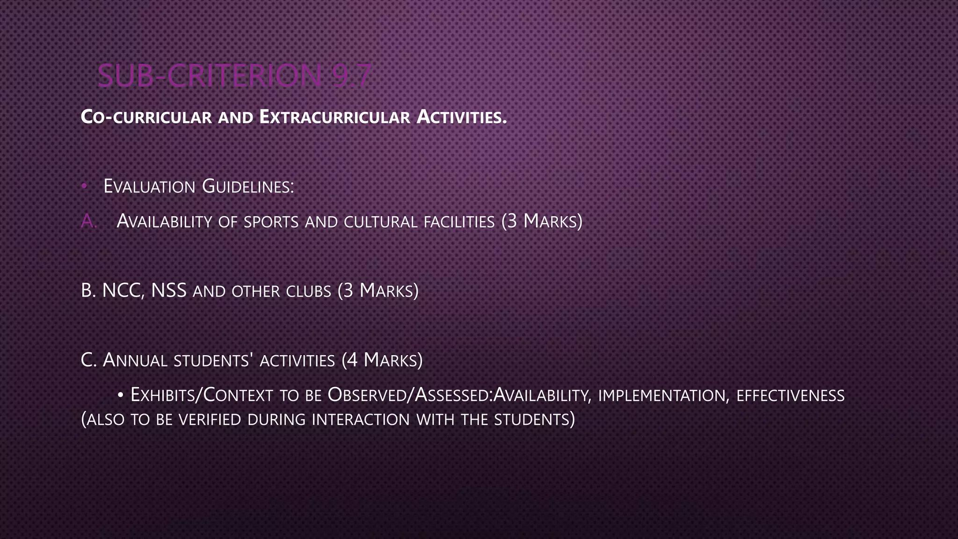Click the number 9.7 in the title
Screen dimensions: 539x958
tap(351, 76)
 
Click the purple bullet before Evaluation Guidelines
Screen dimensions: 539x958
tap(84, 186)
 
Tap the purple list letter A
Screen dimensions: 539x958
tap(88, 221)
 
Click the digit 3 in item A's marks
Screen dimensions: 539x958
tap(512, 221)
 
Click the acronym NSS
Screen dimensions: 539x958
tap(169, 291)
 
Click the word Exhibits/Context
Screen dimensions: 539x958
tap(202, 395)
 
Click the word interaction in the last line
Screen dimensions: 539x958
tap(361, 419)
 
